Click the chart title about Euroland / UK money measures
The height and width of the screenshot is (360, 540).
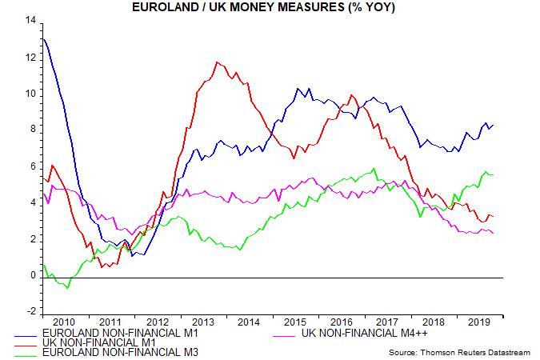coord(270,7)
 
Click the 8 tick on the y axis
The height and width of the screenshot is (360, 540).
coord(33,130)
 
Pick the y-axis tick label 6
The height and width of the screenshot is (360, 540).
coord(33,166)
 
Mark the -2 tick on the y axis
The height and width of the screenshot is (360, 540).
coord(31,311)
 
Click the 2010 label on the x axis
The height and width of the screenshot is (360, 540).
coord(65,322)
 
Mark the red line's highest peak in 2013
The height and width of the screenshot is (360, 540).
coord(217,62)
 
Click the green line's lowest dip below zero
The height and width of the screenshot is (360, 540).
coord(68,287)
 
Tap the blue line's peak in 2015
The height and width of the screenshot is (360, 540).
coord(298,88)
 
